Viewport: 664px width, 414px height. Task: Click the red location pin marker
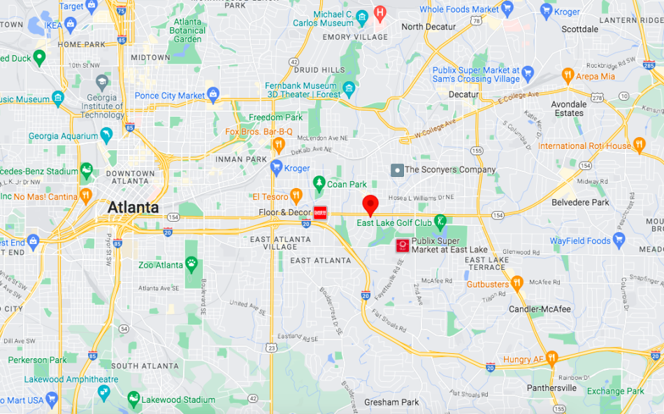click(x=371, y=206)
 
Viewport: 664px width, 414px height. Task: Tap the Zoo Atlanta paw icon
click(x=191, y=264)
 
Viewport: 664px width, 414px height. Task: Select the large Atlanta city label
click(x=133, y=208)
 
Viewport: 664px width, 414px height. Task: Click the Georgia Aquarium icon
click(x=106, y=134)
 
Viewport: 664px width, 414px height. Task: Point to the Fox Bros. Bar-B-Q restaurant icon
click(x=279, y=145)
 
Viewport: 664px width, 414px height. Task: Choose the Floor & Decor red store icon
click(x=320, y=213)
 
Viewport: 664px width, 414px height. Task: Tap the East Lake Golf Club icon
click(x=440, y=222)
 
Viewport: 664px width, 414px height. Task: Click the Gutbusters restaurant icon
click(x=517, y=283)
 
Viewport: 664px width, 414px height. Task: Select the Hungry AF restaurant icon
click(x=551, y=359)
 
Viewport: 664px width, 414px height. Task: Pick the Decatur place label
click(x=463, y=94)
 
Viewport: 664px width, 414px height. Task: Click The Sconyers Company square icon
click(x=396, y=169)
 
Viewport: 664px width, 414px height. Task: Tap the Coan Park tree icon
click(x=319, y=183)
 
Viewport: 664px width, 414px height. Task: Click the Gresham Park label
click(x=391, y=402)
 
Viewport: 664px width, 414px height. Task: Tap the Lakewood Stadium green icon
click(x=133, y=399)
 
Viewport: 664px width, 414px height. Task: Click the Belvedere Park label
click(x=580, y=202)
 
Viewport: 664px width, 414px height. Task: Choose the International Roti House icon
click(x=639, y=145)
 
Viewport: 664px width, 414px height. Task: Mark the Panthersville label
click(x=551, y=387)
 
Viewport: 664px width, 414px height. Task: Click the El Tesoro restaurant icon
click(x=296, y=196)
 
